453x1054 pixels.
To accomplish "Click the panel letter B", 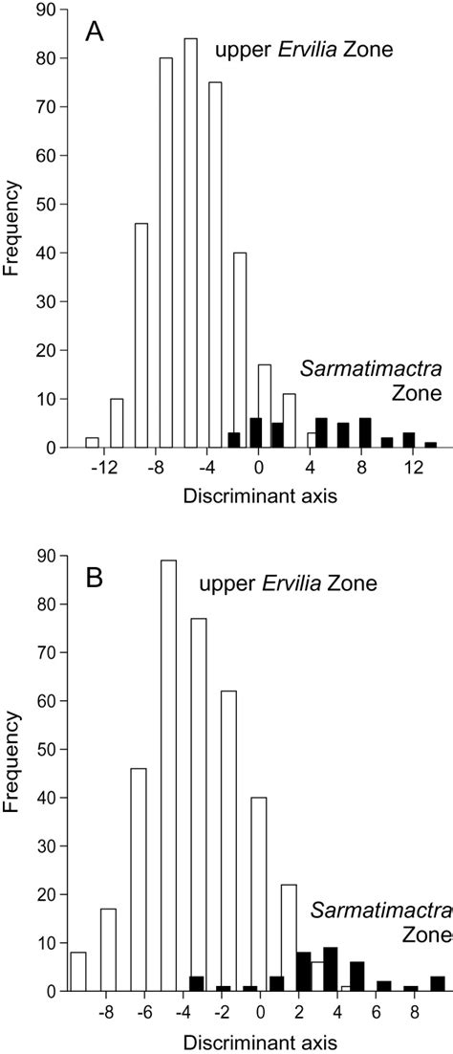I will (x=95, y=582).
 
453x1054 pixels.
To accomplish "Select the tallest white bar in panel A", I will (x=190, y=244).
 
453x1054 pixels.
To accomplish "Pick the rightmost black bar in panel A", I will (x=431, y=446).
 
